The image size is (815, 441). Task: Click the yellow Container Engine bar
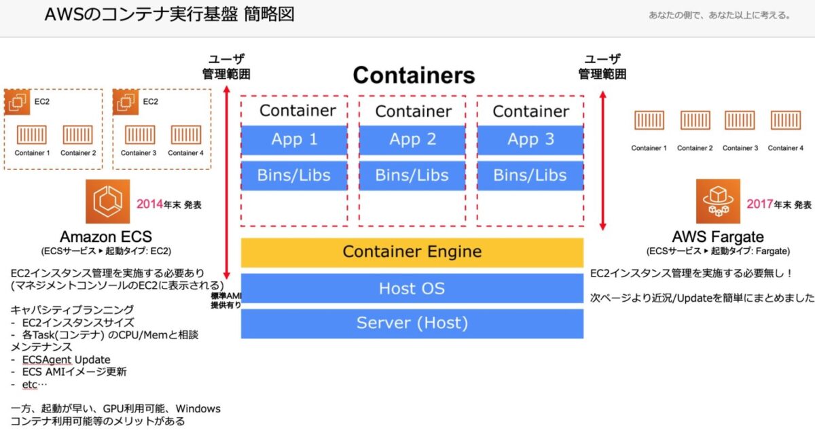pyautogui.click(x=412, y=252)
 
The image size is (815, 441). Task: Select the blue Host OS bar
pyautogui.click(x=412, y=288)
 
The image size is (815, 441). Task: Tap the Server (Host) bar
pyautogui.click(x=412, y=323)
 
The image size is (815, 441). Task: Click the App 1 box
pyautogui.click(x=294, y=140)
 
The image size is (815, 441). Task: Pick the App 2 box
pyautogui.click(x=412, y=140)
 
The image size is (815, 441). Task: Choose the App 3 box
pyautogui.click(x=530, y=140)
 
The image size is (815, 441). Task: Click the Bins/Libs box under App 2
pyautogui.click(x=412, y=175)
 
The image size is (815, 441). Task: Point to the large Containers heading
pyautogui.click(x=414, y=75)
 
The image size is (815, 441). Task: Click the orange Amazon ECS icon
pyautogui.click(x=107, y=202)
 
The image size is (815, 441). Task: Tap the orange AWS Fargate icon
pyautogui.click(x=718, y=202)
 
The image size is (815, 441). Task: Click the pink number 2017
pyautogui.click(x=760, y=204)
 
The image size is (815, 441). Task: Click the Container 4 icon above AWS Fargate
pyautogui.click(x=786, y=120)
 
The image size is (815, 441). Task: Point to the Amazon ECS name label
pyautogui.click(x=105, y=237)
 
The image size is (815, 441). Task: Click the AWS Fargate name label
pyautogui.click(x=718, y=237)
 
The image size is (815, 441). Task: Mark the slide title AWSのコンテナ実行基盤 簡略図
pyautogui.click(x=169, y=14)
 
